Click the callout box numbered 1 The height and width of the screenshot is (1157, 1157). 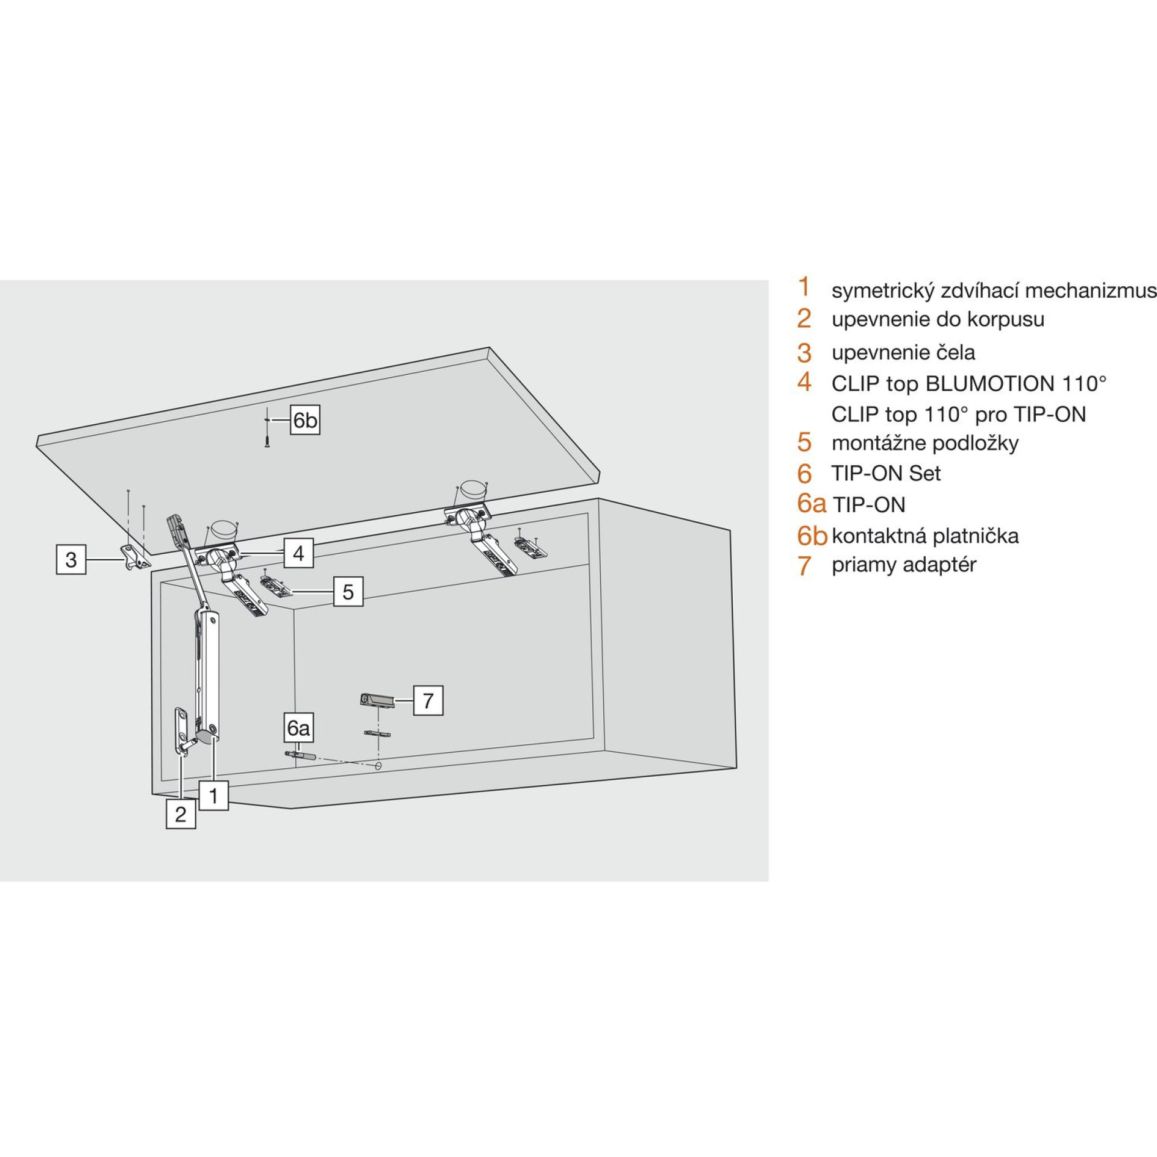(213, 796)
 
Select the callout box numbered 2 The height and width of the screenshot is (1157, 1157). (181, 814)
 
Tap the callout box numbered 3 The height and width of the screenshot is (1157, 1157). (71, 559)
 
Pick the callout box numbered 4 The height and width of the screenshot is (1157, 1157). (298, 553)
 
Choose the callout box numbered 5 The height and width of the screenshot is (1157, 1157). (348, 592)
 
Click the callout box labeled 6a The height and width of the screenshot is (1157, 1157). (298, 729)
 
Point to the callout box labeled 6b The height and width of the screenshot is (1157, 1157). (305, 420)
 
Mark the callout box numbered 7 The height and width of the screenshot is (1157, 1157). (428, 700)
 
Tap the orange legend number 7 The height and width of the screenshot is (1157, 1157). (804, 566)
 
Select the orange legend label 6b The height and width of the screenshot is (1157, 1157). (812, 536)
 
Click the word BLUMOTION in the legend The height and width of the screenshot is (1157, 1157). (989, 383)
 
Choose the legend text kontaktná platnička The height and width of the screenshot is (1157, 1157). (925, 536)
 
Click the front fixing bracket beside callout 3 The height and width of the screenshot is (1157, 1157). (135, 556)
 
